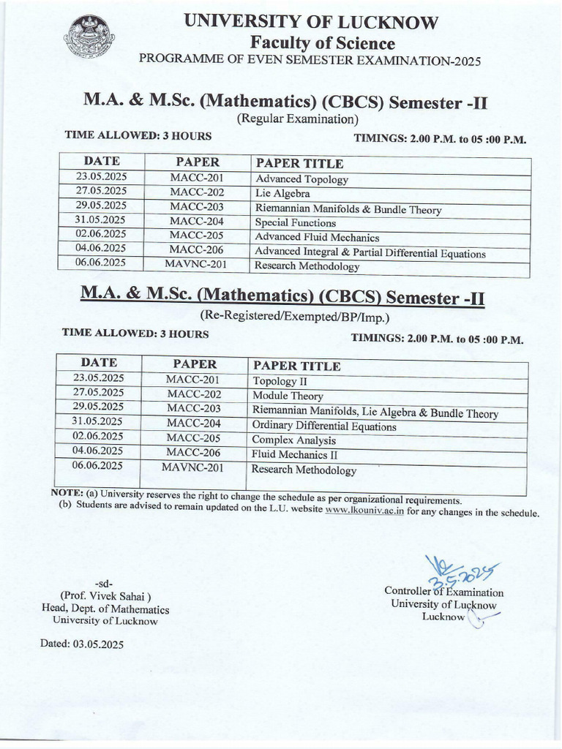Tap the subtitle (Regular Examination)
click(x=296, y=118)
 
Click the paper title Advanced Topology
click(x=301, y=179)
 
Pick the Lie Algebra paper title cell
click(x=282, y=194)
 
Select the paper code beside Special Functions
click(x=196, y=222)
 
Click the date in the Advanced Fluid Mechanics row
click(x=100, y=236)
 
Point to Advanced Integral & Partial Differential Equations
click(x=370, y=253)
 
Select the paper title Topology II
click(x=274, y=381)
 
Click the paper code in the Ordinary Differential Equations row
click(x=193, y=423)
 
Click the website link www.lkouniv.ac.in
click(x=364, y=512)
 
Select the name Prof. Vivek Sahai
click(x=105, y=596)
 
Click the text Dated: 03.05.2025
click(x=82, y=644)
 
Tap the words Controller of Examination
click(x=443, y=592)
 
